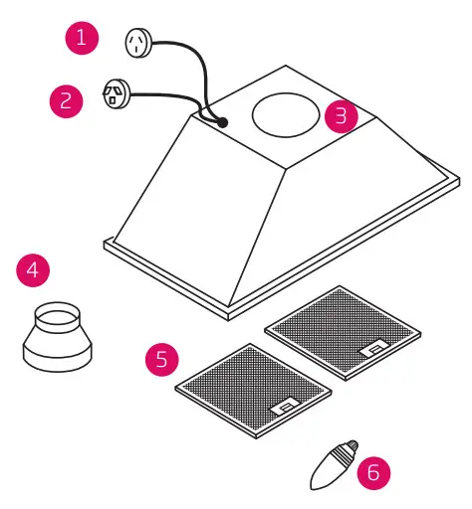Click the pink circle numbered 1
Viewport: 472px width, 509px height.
(83, 41)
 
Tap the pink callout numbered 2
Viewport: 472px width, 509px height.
(67, 100)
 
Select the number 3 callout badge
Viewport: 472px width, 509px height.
(342, 115)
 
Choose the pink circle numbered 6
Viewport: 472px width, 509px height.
(373, 471)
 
